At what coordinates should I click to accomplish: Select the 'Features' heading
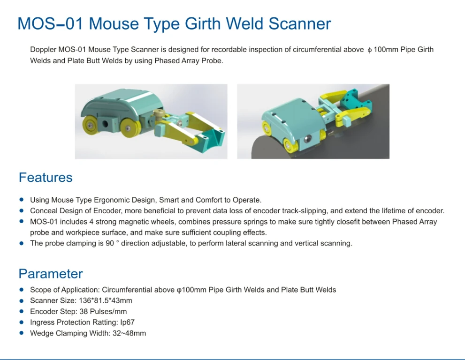tap(46, 178)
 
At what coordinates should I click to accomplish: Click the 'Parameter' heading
tap(51, 274)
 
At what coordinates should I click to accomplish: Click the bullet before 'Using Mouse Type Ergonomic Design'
tap(21, 200)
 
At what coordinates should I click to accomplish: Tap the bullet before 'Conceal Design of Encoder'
tap(21, 210)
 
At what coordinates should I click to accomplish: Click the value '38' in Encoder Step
tap(83, 311)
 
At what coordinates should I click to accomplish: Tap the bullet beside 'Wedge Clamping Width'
tap(21, 333)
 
